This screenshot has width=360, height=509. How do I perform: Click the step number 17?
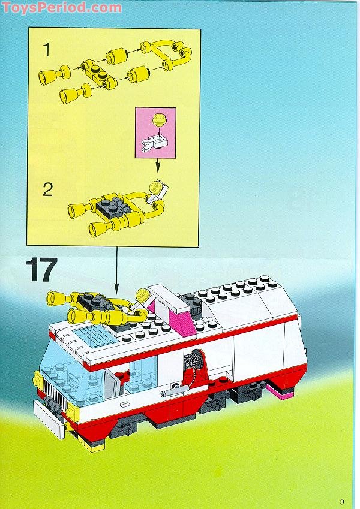(x=40, y=271)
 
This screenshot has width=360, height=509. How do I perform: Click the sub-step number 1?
(x=46, y=50)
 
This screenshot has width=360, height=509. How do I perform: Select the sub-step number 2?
(x=47, y=190)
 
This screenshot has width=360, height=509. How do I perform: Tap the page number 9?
(x=341, y=485)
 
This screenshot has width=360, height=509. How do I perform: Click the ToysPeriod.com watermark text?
(x=61, y=7)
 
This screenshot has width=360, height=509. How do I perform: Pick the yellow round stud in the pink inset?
(x=158, y=119)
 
